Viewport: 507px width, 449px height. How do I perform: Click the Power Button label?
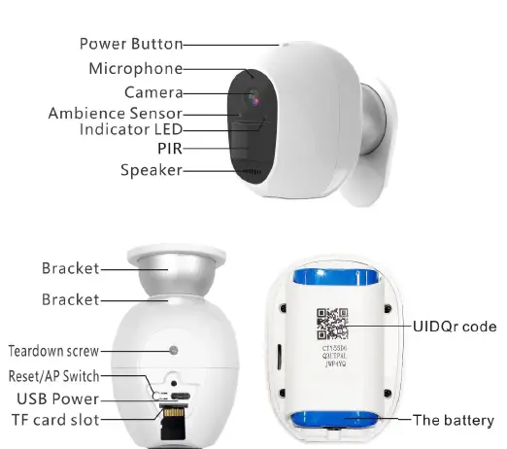tap(130, 44)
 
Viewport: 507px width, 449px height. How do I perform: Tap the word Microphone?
tap(135, 69)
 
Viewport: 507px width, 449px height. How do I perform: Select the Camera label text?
tap(153, 92)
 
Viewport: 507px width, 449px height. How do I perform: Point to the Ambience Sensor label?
tap(114, 113)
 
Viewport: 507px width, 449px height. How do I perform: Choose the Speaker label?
tap(151, 171)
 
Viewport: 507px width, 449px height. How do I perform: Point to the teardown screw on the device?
tap(173, 350)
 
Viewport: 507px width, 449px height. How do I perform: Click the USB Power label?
tap(57, 398)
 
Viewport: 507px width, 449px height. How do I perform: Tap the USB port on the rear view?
tap(180, 396)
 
